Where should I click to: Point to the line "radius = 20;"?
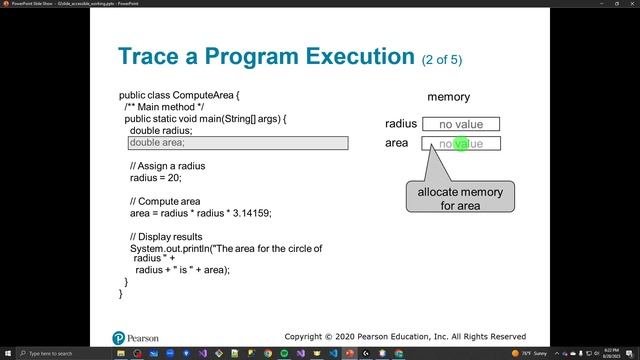point(155,177)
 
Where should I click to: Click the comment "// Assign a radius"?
point(168,165)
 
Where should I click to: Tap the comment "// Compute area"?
point(165,201)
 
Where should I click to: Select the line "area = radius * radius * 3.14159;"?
point(200,213)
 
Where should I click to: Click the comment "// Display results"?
point(168,236)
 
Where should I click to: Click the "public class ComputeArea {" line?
point(180,94)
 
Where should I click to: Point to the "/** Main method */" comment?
point(165,106)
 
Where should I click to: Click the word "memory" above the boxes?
point(448,97)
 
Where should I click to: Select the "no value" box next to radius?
point(460,124)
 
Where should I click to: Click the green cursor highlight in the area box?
point(462,144)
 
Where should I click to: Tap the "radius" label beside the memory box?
point(400,124)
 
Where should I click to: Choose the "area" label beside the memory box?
point(397,144)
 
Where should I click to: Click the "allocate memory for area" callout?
point(460,198)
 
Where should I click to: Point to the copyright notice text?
point(405,337)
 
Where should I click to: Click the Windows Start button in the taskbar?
point(7,353)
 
